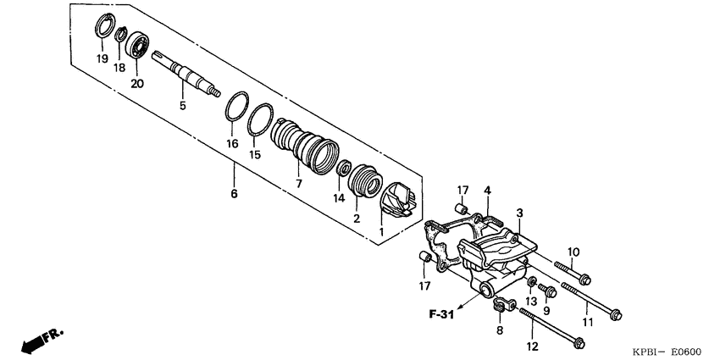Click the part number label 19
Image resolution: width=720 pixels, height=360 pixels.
tap(101, 58)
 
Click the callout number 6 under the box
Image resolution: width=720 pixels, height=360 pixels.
tap(234, 194)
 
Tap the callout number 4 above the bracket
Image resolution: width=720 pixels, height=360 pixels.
tap(487, 190)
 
